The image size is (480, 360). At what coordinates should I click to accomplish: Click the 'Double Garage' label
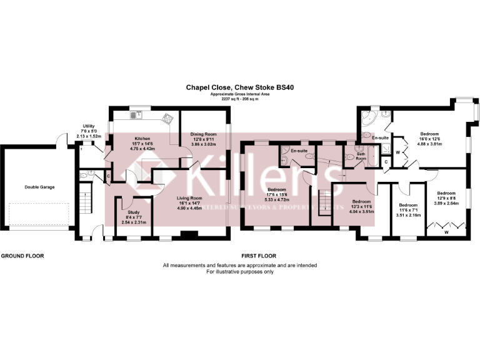[x=37, y=186]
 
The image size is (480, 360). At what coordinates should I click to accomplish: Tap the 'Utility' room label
[x=87, y=126]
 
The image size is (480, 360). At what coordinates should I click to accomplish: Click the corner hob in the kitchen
[x=167, y=117]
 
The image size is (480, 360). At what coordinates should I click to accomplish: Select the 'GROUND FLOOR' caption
[x=22, y=256]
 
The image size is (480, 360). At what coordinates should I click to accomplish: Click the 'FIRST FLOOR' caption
[x=259, y=256]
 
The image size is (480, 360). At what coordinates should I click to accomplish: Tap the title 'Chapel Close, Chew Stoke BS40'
[x=239, y=89]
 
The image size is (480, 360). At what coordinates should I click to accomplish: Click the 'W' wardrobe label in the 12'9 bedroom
[x=446, y=232]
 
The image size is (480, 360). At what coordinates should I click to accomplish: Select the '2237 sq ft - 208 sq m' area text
[x=239, y=99]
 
